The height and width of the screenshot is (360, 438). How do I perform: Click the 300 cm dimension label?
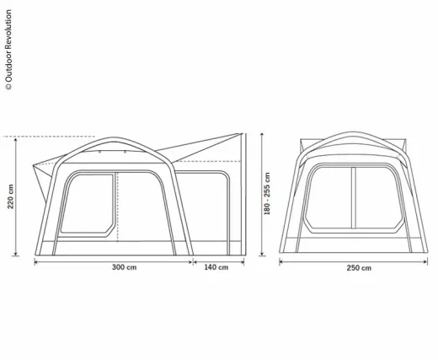coord(124,267)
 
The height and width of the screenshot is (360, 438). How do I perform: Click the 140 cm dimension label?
coord(216,267)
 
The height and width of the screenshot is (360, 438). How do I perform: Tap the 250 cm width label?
coord(359,268)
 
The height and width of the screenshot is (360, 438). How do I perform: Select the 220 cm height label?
coord(10,196)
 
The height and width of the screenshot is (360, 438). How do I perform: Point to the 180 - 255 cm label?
coord(267,194)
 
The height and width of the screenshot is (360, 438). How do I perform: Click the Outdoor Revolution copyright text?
coord(8,50)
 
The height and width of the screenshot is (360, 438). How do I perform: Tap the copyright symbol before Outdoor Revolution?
coord(8,87)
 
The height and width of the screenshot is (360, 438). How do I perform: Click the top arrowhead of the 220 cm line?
coord(16,140)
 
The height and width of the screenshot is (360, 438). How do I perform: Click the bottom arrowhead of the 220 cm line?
coord(16,253)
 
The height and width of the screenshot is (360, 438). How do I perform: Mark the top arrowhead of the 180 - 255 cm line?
coord(262,136)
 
